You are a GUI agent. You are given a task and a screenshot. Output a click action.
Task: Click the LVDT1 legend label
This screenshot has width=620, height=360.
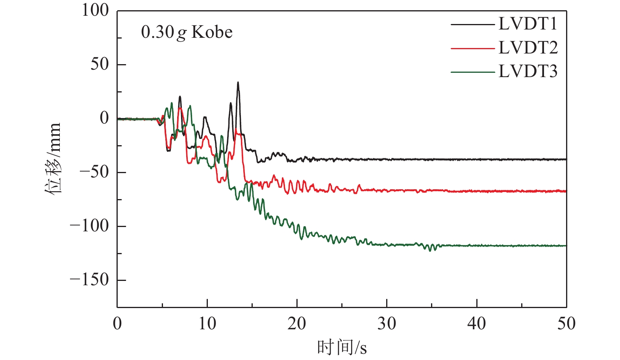point(528,24)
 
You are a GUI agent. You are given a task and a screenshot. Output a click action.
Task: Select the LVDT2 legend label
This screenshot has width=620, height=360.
point(528,48)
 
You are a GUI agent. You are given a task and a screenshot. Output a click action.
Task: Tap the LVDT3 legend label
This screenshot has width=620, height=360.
point(528,72)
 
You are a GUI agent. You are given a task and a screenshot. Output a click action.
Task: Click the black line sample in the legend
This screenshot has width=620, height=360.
point(472,24)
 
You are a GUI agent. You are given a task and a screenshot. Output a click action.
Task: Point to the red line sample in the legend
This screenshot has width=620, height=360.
point(472,48)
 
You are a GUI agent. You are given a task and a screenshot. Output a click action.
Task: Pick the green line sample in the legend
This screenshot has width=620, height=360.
point(472,72)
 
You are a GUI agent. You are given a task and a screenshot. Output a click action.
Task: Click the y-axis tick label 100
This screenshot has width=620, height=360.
point(95,10)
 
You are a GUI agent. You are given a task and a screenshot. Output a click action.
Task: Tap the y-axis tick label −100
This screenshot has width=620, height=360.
point(89,226)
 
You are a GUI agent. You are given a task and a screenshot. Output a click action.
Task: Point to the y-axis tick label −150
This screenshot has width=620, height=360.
point(89,280)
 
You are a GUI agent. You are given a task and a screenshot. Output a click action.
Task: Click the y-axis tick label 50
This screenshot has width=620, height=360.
point(99,64)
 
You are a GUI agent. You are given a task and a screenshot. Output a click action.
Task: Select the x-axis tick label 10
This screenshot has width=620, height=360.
point(207,324)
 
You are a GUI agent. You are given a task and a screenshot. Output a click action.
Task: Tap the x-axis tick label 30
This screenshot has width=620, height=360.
point(387,324)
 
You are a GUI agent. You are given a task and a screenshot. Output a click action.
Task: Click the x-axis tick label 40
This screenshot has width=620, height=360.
point(477,324)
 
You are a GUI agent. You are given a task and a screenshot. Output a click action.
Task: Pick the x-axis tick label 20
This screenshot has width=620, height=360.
point(297,324)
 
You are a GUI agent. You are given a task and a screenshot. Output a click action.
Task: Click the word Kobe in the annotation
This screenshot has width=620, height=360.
point(212,32)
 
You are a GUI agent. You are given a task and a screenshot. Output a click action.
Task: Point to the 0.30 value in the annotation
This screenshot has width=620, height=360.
point(157,32)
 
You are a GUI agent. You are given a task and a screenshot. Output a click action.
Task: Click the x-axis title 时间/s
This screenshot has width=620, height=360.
point(342,347)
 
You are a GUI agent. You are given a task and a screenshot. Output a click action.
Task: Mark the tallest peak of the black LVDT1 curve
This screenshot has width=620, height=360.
point(238,83)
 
